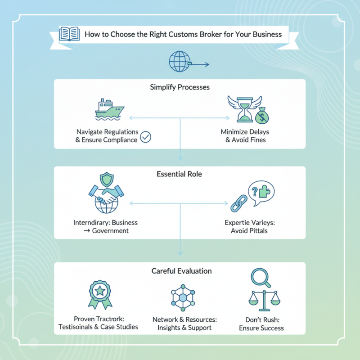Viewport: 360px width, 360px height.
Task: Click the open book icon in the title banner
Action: [70, 34]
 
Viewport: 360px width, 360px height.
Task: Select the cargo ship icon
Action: [109, 110]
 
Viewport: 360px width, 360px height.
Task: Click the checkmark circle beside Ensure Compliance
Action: [146, 137]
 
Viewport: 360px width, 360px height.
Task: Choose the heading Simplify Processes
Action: [180, 87]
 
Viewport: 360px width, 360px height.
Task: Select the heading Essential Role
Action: [180, 174]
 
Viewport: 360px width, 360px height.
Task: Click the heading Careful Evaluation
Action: [180, 271]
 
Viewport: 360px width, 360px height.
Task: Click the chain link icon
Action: [239, 203]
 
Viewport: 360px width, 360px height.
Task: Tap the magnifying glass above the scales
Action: [260, 278]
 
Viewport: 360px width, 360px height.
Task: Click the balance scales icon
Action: [264, 299]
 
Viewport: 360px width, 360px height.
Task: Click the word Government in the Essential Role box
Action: [110, 231]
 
